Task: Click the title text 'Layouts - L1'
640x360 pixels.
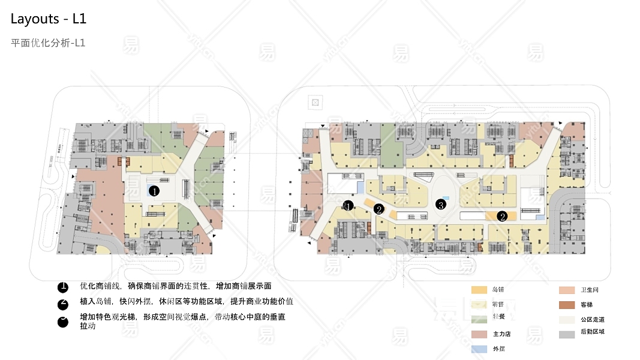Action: pos(49,19)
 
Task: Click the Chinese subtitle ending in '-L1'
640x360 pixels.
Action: pos(49,43)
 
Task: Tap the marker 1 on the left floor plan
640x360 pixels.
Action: pos(154,191)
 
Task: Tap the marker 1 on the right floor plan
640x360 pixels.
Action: pos(348,206)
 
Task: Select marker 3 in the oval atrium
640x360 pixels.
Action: pos(441,205)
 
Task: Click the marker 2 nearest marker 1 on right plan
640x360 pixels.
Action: pos(378,209)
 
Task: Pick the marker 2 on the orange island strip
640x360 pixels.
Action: pos(503,216)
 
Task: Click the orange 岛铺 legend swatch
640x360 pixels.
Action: pos(479,290)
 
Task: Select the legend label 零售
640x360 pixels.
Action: pos(498,304)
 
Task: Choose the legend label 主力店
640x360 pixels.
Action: pos(501,333)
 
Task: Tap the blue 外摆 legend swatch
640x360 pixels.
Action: pos(479,347)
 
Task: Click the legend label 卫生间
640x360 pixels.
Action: pos(590,290)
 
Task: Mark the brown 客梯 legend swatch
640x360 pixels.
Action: pos(567,305)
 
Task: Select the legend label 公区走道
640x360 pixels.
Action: pos(593,319)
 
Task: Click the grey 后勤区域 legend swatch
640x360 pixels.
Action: pos(567,334)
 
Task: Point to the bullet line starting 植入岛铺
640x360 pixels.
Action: pos(186,301)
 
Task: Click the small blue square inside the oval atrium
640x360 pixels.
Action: pos(446,197)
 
